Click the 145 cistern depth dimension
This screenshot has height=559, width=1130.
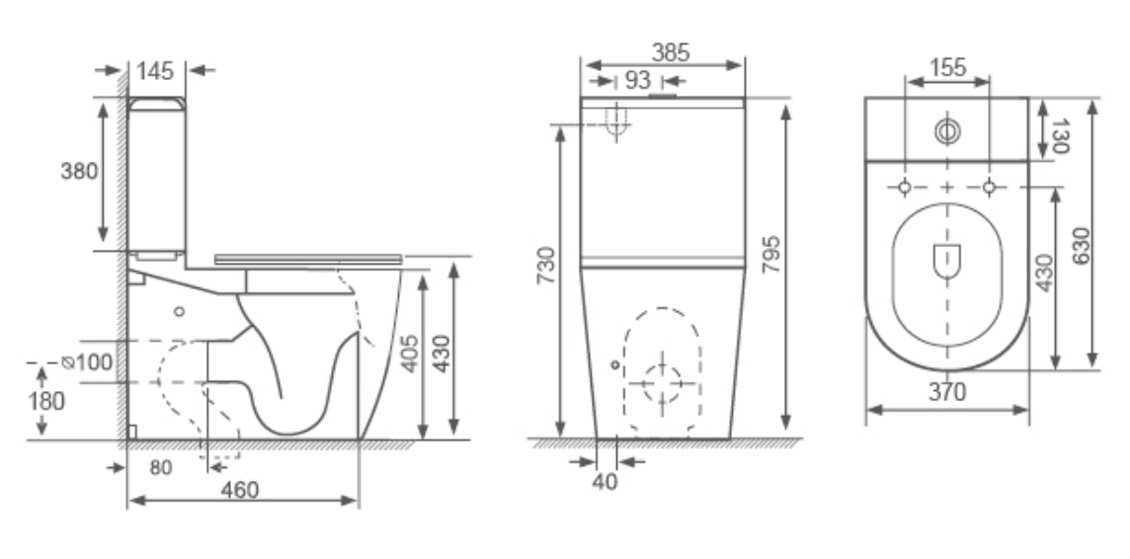[156, 70]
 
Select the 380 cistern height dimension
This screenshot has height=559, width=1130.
[79, 172]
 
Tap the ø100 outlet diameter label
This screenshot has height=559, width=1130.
[88, 361]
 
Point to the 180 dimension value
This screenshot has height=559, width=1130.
[46, 401]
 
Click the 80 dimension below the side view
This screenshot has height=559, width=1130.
[161, 468]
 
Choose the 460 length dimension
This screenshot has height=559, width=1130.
[240, 490]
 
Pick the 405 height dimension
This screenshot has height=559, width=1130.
[409, 353]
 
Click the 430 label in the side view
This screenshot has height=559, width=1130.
[441, 353]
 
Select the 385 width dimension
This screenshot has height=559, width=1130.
[671, 52]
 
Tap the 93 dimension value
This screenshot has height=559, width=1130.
[638, 80]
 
